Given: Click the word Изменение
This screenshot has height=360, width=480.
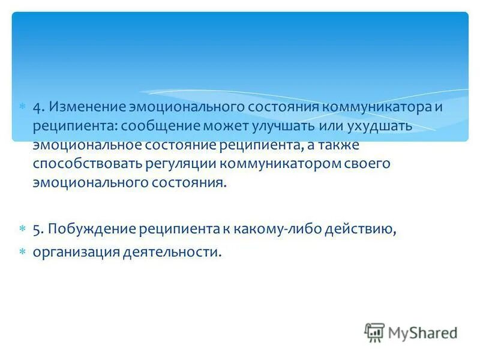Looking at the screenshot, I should pos(88,107).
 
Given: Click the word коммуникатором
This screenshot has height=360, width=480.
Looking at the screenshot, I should pos(272,164).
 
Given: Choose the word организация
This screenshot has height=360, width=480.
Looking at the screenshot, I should pos(75,253).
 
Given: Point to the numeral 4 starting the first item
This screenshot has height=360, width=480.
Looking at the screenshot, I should pos(37,107).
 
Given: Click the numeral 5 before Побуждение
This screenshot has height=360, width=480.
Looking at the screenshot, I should pos(37,228).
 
